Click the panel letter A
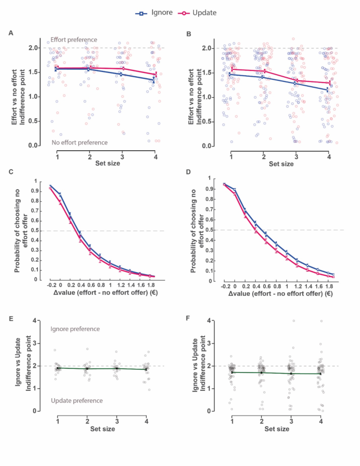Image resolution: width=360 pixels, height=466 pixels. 11,33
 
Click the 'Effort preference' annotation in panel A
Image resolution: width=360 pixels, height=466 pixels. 74,39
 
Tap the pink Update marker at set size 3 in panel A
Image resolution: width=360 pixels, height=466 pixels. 123,68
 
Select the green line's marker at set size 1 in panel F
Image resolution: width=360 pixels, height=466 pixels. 232,372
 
